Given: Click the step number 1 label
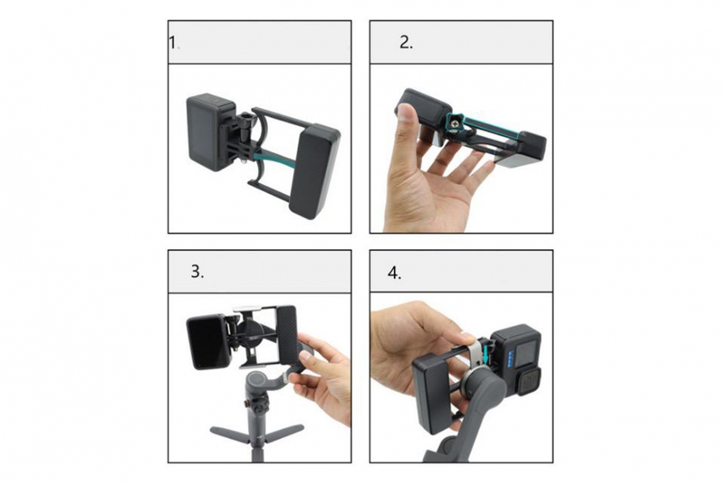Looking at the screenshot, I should pyautogui.click(x=173, y=43).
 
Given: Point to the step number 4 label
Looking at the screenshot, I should pyautogui.click(x=394, y=273).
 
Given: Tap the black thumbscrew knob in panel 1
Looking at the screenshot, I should pyautogui.click(x=247, y=121).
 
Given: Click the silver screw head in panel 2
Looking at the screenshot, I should pyautogui.click(x=455, y=125).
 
